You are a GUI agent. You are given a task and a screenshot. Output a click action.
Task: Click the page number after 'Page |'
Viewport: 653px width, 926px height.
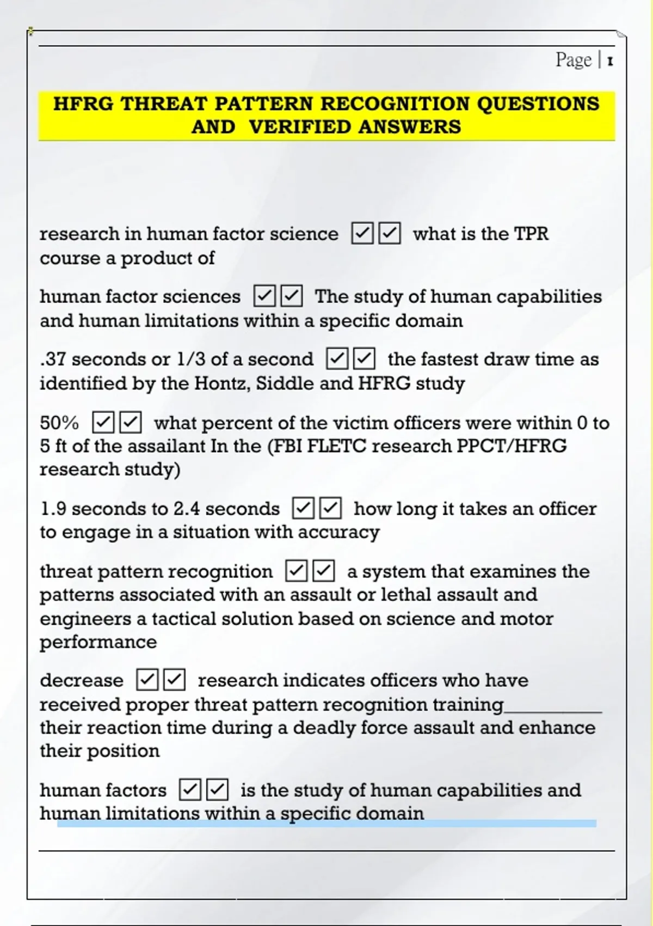[610, 61]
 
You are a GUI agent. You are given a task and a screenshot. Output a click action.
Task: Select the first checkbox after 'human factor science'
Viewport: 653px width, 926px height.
[362, 233]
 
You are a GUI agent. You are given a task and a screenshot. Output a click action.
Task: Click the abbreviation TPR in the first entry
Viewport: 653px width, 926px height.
[532, 234]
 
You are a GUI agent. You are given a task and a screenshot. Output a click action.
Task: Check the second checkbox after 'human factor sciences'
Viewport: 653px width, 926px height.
[292, 296]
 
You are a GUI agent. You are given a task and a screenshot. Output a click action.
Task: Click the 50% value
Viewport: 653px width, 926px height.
[59, 423]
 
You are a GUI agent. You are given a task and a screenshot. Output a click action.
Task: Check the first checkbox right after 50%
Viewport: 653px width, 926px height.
[103, 422]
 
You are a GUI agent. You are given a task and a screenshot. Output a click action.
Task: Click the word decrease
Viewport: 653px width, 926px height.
[82, 680]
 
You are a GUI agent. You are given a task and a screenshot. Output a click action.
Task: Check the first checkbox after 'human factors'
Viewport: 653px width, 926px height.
[190, 790]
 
